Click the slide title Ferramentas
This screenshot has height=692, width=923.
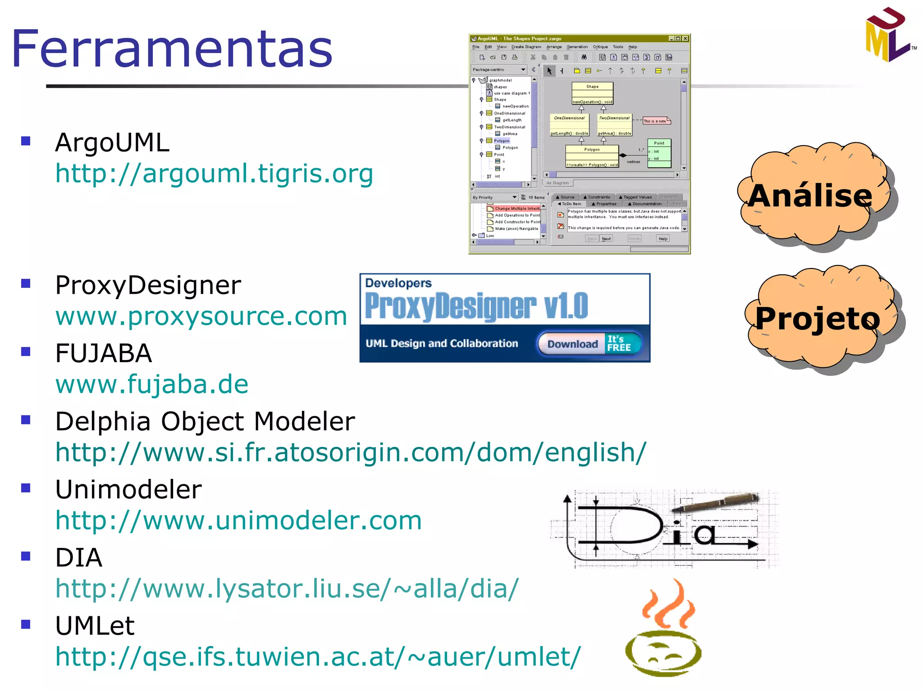click(171, 49)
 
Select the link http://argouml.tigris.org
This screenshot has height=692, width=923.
click(214, 174)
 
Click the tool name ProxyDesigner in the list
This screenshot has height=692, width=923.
click(148, 286)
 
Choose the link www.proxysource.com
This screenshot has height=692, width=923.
click(201, 316)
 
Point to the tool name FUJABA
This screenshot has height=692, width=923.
click(103, 353)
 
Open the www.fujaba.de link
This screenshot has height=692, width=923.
click(152, 384)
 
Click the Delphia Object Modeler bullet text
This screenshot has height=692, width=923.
click(205, 422)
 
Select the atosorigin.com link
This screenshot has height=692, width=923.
click(351, 452)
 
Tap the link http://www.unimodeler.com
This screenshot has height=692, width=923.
click(238, 521)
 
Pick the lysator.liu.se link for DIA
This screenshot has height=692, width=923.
click(287, 589)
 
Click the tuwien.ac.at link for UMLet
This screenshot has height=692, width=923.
click(318, 657)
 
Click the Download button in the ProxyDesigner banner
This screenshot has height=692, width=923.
click(572, 344)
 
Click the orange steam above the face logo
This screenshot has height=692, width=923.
click(669, 605)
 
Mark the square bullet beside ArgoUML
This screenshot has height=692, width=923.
click(26, 141)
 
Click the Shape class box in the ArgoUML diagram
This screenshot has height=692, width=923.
click(592, 93)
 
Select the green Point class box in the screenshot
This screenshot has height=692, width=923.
click(659, 153)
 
